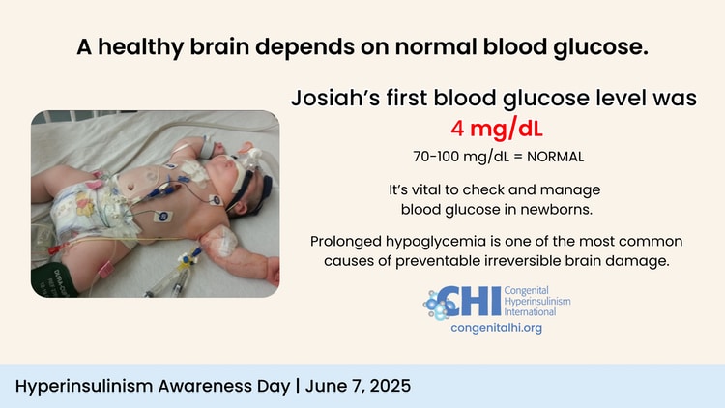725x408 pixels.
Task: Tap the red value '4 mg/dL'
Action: pyautogui.click(x=497, y=129)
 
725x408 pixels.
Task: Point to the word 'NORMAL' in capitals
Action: pyautogui.click(x=555, y=157)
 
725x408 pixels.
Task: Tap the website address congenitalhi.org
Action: pyautogui.click(x=497, y=328)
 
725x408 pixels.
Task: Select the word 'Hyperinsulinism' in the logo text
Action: pyautogui.click(x=537, y=301)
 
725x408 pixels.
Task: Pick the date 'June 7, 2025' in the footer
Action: pyautogui.click(x=358, y=386)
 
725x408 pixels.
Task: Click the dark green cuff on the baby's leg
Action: pyautogui.click(x=52, y=279)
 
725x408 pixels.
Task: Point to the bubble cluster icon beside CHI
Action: pyautogui.click(x=437, y=305)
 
